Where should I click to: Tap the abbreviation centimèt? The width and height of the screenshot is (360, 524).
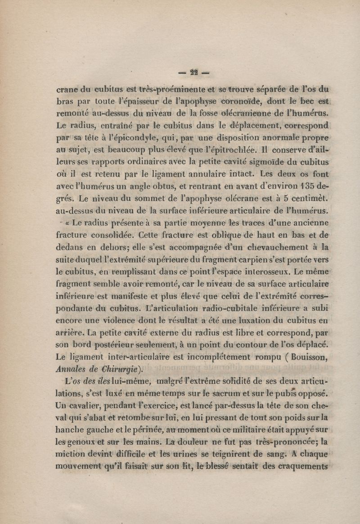tap(312, 198)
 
